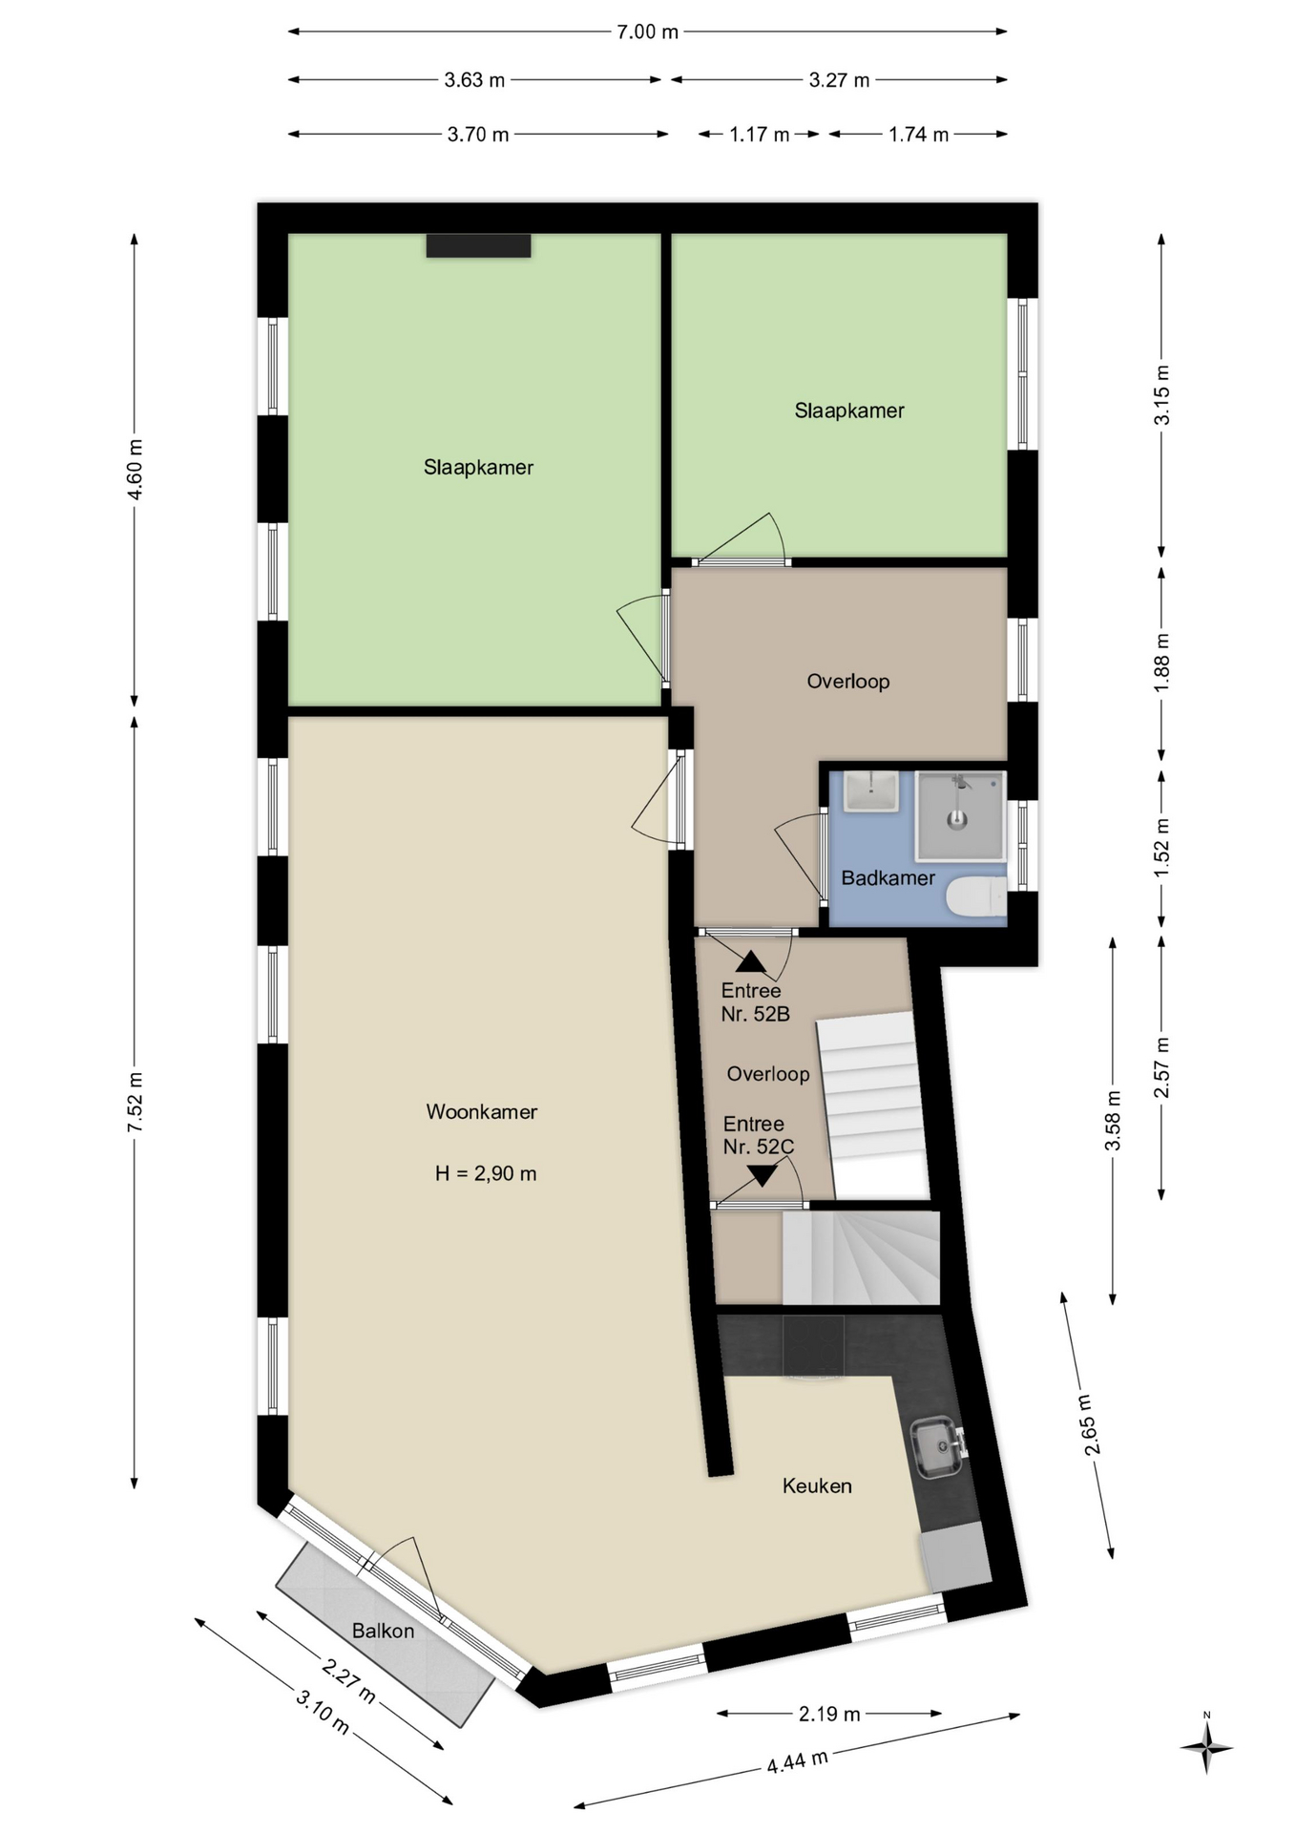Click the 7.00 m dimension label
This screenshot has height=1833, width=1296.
(x=647, y=32)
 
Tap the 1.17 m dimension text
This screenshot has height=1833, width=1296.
(x=760, y=135)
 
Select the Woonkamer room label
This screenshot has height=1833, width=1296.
(x=482, y=1111)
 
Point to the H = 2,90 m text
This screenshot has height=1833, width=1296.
(x=486, y=1173)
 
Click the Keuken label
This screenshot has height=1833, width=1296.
(x=817, y=1485)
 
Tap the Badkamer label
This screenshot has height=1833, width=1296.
(x=888, y=877)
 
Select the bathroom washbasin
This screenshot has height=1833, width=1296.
(x=871, y=791)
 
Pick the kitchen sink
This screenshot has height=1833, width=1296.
(x=937, y=1447)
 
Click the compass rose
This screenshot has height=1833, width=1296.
(x=1207, y=1748)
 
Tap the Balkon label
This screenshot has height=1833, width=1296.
(x=384, y=1631)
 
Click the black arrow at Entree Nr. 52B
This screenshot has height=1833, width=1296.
(x=751, y=961)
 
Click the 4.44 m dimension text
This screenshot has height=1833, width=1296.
(x=797, y=1760)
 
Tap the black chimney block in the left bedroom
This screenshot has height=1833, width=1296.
(x=478, y=245)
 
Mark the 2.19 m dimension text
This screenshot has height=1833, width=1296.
(x=829, y=1714)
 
